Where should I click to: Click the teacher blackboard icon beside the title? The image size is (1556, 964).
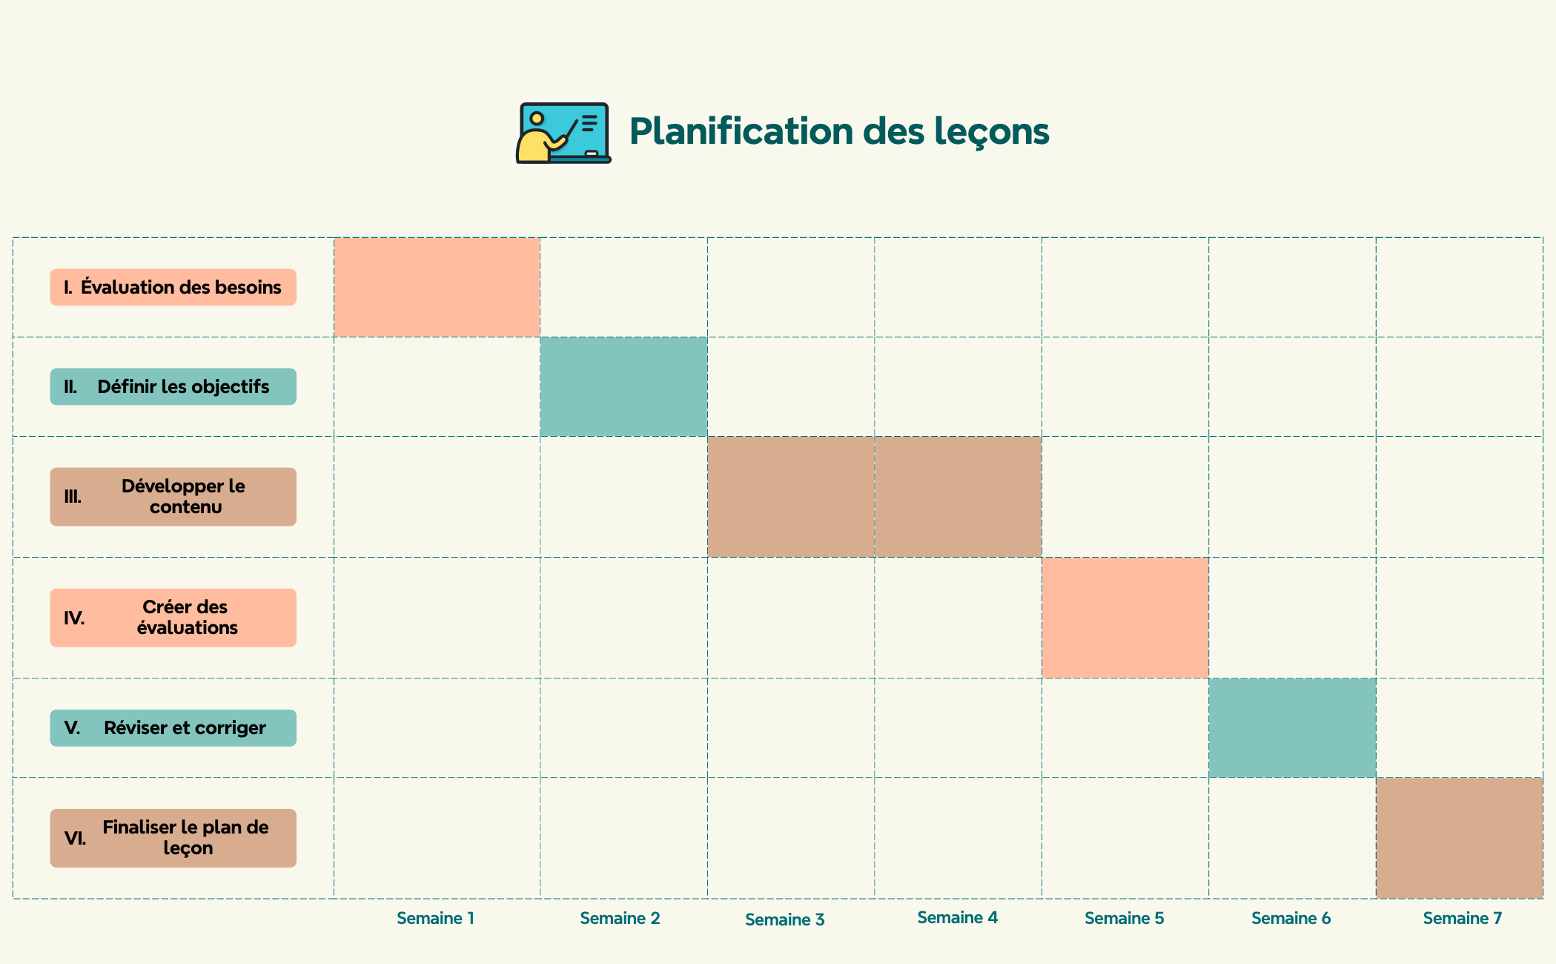(563, 133)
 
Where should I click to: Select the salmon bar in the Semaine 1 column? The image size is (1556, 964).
(437, 288)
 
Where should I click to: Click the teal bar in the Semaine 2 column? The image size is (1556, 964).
(623, 387)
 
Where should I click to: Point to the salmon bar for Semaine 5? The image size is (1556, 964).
(1125, 618)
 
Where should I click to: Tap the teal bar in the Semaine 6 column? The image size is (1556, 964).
(1292, 728)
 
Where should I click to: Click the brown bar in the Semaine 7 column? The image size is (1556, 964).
(1459, 838)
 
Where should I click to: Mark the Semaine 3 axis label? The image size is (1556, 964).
(784, 920)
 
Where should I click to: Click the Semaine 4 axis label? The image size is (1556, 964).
(957, 918)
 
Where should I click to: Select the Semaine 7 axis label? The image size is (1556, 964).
(1462, 919)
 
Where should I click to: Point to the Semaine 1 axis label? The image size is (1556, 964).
(435, 919)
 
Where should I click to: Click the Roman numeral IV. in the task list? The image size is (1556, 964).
(74, 618)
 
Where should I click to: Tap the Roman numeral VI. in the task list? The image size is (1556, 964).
(75, 839)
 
